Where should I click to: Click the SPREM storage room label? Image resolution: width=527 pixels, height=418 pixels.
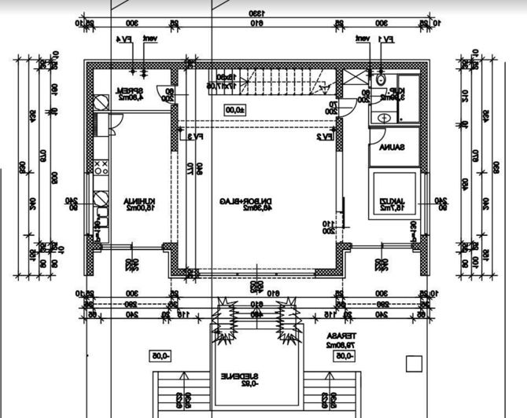coord(129,94)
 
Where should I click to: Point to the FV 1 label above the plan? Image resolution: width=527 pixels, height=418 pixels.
coord(385,38)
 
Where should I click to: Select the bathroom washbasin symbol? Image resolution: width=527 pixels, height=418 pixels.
coord(384,117)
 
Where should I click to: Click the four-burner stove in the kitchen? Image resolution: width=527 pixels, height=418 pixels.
coord(101,167)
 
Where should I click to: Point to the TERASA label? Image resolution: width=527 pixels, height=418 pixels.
coord(337,339)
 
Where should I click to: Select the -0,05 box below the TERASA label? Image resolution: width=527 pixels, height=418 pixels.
coord(344,355)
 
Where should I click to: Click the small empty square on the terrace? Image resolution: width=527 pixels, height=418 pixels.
coord(413,363)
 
